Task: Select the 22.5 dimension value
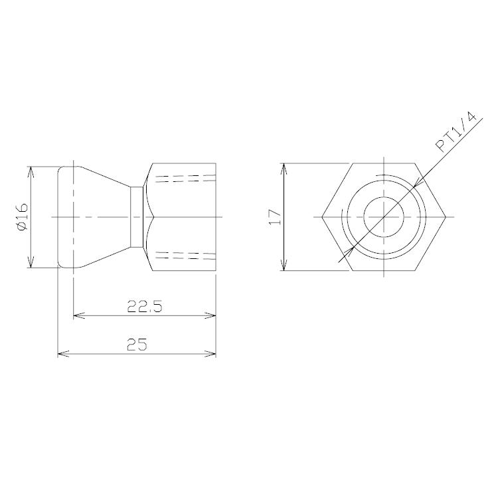[x=145, y=307]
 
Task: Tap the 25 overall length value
[x=137, y=344]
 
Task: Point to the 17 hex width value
[x=275, y=217]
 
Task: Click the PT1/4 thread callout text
[x=456, y=132]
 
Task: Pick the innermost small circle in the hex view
[x=384, y=197]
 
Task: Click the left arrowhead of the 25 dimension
[x=63, y=353]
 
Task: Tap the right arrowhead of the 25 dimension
[x=210, y=353]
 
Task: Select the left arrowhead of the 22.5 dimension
[x=79, y=315]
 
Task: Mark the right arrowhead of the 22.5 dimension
[x=210, y=315]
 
